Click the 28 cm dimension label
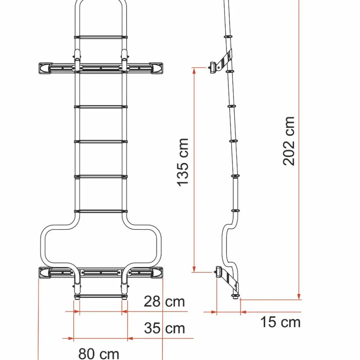tap(164, 302)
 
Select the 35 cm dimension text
tap(164, 328)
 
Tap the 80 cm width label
tap(99, 354)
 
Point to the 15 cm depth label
tap(280, 322)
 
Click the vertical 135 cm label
tap(183, 162)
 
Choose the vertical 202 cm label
tap(289, 141)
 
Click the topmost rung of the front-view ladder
tap(101, 37)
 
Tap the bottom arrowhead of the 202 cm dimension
tap(299, 297)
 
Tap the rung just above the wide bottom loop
tap(101, 211)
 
